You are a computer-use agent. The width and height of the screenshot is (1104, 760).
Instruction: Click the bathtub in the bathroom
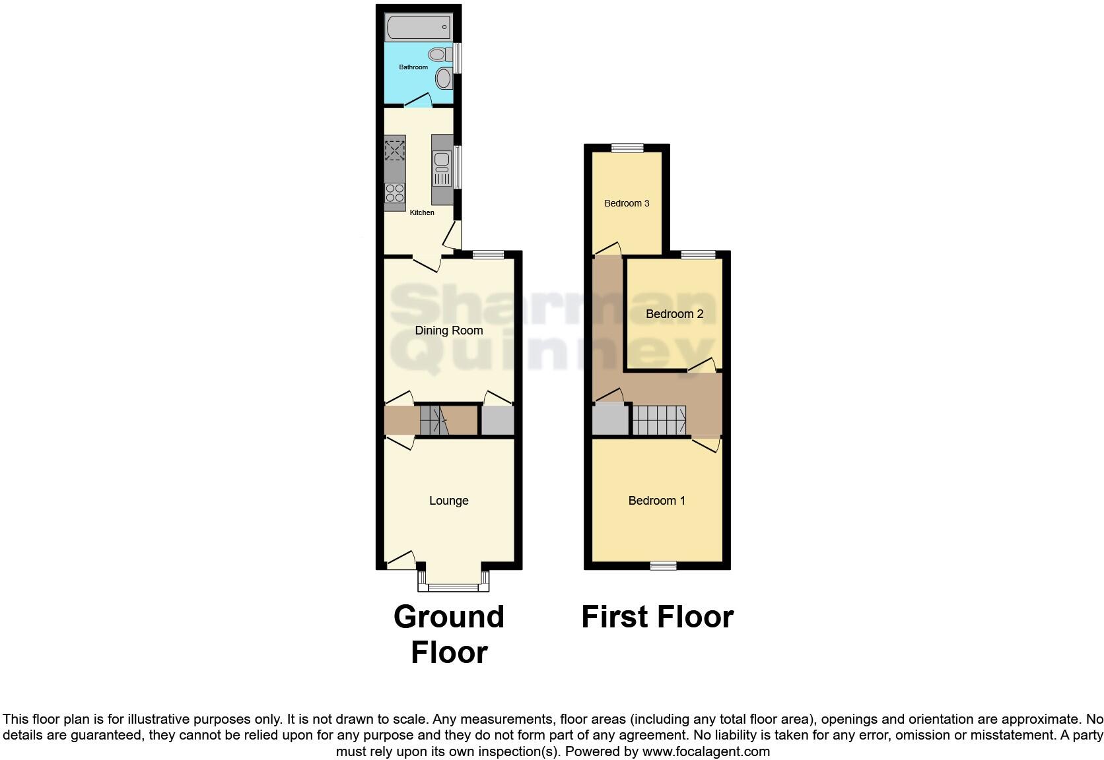pyautogui.click(x=418, y=28)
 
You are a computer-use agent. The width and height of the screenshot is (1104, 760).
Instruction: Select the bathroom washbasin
pyautogui.click(x=444, y=79)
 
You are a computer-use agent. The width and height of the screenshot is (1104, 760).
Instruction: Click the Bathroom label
pyautogui.click(x=413, y=67)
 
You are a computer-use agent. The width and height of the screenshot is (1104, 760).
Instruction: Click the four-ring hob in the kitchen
pyautogui.click(x=395, y=193)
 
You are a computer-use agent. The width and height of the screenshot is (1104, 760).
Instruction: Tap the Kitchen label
pyautogui.click(x=422, y=212)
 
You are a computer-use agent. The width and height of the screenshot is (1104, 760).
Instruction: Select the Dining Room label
pyautogui.click(x=449, y=331)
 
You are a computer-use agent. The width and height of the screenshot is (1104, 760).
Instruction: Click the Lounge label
pyautogui.click(x=449, y=501)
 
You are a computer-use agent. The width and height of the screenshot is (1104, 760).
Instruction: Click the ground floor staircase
pyautogui.click(x=434, y=421)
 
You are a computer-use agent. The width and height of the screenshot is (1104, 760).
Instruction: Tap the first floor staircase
pyautogui.click(x=660, y=420)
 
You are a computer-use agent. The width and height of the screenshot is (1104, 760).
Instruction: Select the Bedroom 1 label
pyautogui.click(x=656, y=501)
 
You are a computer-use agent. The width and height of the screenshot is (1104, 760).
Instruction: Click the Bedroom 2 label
pyautogui.click(x=674, y=314)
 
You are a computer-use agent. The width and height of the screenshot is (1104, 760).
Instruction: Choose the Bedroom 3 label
pyautogui.click(x=627, y=203)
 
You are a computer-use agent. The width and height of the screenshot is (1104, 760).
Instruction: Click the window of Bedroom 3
pyautogui.click(x=627, y=148)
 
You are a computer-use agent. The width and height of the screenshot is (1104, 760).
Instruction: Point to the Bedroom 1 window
pyautogui.click(x=663, y=565)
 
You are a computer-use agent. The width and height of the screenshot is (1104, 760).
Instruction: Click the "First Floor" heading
pyautogui.click(x=657, y=617)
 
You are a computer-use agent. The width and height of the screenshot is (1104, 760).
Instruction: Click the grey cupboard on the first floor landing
pyautogui.click(x=611, y=419)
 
